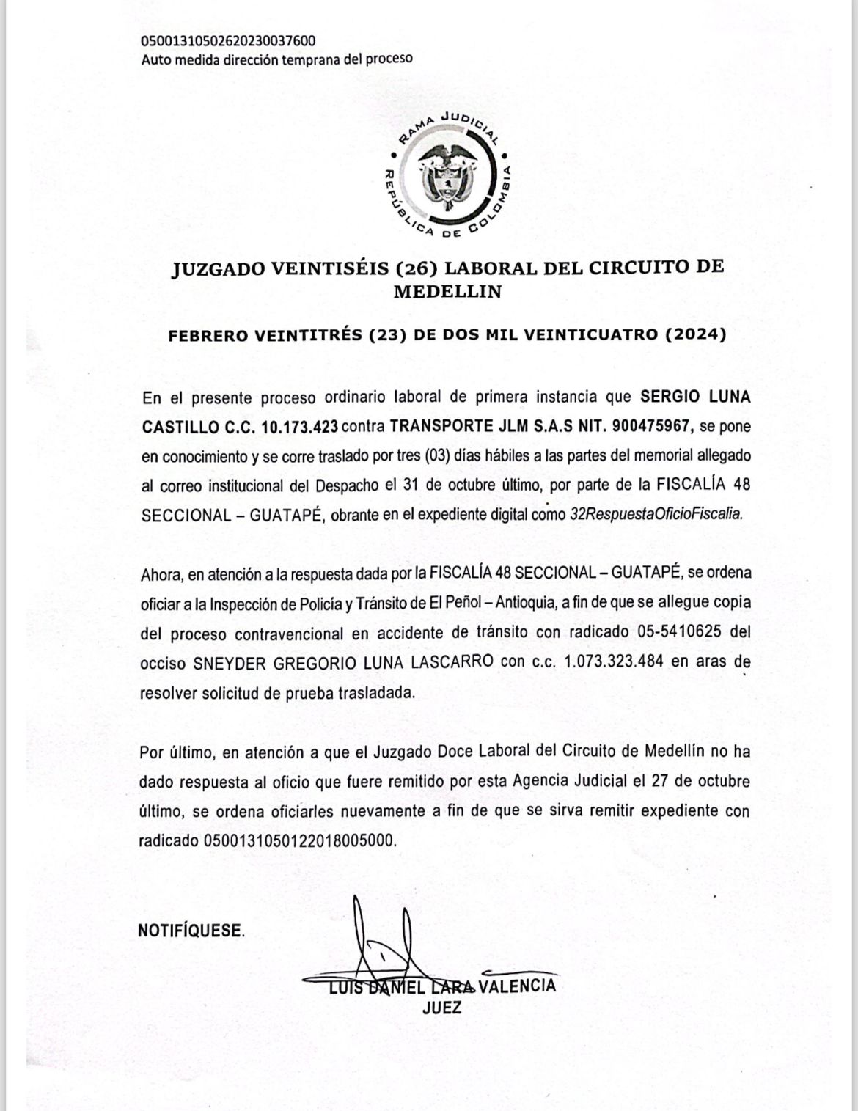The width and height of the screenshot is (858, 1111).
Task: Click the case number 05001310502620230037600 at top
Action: tap(228, 40)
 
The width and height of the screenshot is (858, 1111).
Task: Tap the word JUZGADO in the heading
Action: tap(218, 268)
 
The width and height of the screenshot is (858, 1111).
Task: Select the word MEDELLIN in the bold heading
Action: tap(447, 291)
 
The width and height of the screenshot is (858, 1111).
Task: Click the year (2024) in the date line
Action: tap(695, 335)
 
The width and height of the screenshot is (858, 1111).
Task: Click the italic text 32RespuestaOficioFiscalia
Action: tap(656, 514)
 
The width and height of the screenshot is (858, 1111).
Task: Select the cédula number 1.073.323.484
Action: tap(614, 661)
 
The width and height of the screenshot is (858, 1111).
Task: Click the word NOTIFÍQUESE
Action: tap(191, 931)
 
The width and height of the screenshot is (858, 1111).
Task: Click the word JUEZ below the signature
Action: tap(442, 1008)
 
